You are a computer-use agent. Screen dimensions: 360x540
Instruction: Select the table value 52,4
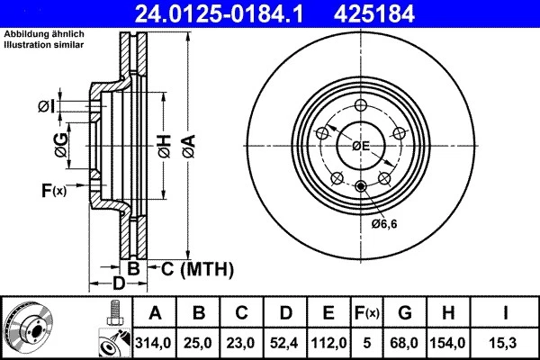285,342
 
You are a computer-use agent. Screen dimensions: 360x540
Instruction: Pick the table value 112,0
328,342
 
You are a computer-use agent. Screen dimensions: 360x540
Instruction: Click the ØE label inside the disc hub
361,146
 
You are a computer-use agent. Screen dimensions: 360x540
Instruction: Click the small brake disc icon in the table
28,328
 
